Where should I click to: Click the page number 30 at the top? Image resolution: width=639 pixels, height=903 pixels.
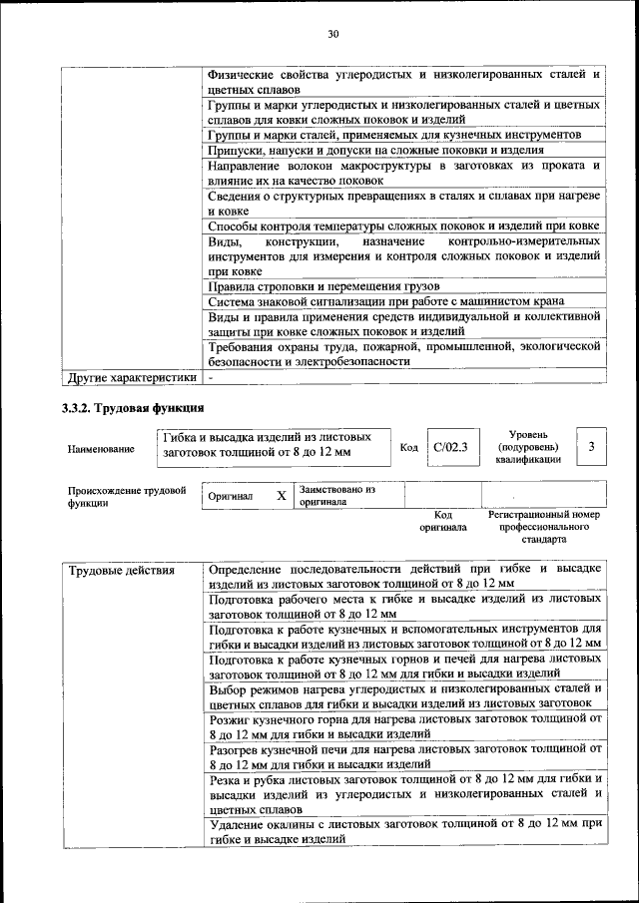click(333, 35)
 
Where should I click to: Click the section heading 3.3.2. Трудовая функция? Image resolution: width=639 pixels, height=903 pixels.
click(134, 407)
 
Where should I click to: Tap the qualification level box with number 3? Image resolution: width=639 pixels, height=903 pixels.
click(592, 447)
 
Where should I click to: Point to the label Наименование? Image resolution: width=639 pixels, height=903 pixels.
click(101, 449)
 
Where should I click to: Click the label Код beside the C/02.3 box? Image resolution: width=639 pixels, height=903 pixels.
click(408, 448)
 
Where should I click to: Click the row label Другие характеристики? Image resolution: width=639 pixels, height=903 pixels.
click(131, 378)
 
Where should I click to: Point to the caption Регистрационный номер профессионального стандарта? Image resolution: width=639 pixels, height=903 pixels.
click(544, 526)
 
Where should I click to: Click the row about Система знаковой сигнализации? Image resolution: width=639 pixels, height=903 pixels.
click(403, 300)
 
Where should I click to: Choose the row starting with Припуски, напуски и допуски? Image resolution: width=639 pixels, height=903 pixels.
click(403, 150)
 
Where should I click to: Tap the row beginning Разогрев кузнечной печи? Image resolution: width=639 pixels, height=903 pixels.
click(403, 754)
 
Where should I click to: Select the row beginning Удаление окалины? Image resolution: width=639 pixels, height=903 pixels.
click(403, 832)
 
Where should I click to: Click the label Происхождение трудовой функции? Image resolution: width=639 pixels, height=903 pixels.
click(127, 496)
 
